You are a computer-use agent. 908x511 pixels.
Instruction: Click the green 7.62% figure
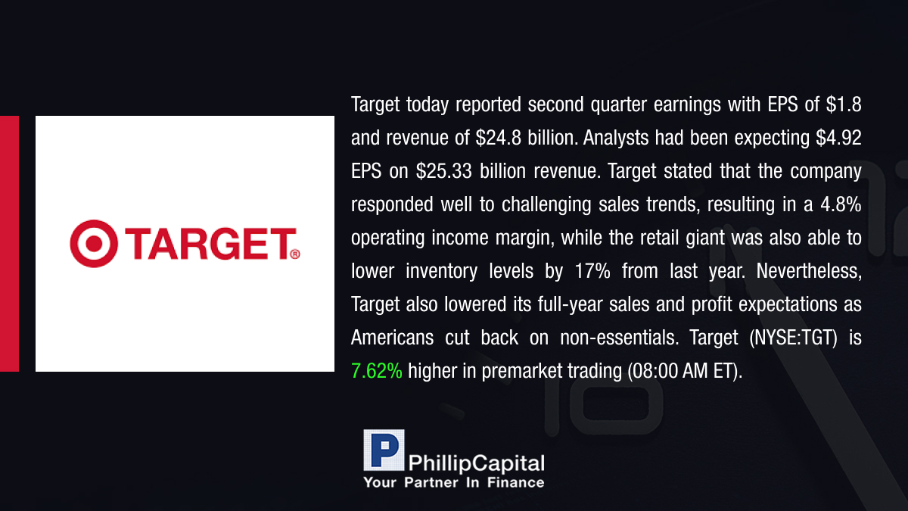click(377, 371)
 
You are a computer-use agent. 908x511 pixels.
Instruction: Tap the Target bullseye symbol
click(94, 243)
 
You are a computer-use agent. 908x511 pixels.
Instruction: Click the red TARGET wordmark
click(210, 243)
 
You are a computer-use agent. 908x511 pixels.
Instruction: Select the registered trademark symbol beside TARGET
click(295, 254)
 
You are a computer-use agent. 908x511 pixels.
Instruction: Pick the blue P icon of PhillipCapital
click(384, 450)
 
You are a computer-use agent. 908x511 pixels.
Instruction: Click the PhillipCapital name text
click(476, 463)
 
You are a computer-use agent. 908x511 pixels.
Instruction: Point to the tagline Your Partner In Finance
click(454, 482)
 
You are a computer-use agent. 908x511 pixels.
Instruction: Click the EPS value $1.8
click(844, 104)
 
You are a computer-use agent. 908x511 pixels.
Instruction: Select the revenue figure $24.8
click(498, 138)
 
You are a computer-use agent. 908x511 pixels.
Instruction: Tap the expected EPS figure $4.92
click(838, 138)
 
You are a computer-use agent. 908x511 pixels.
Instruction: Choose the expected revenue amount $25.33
click(444, 171)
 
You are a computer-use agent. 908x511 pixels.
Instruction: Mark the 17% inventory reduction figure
click(592, 271)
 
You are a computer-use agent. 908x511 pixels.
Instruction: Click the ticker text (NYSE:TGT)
click(793, 338)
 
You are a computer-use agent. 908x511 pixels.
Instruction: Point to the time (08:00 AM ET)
click(685, 371)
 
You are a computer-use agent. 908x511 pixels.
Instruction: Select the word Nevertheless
click(809, 271)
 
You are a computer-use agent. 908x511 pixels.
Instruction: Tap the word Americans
click(393, 338)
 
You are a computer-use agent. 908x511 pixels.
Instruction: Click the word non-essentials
click(620, 338)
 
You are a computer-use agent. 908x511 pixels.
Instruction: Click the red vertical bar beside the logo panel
click(9, 244)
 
